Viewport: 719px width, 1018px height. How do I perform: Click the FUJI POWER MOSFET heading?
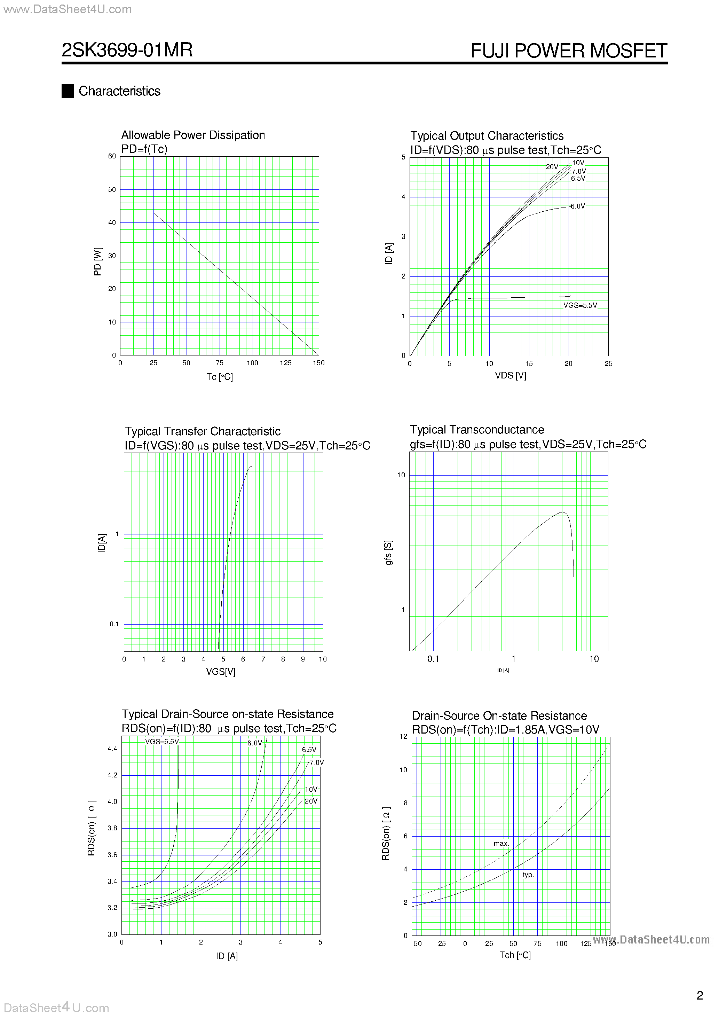tap(568, 50)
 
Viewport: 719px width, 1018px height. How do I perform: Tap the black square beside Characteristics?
tap(68, 91)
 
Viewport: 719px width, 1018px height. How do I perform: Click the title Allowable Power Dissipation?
tap(193, 135)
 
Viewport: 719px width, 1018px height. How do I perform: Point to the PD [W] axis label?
tap(97, 261)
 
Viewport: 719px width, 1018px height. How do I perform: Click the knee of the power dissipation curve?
tap(153, 213)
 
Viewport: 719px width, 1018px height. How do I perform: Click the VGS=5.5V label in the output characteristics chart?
tap(580, 305)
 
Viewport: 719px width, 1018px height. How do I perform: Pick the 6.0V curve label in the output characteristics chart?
tap(578, 206)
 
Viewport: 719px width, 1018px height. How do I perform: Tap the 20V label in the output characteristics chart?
tap(552, 167)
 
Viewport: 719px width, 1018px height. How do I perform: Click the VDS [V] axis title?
tap(510, 376)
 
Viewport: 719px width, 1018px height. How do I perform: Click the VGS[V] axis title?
tap(220, 672)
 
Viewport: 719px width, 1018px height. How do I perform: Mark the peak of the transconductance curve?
tap(562, 512)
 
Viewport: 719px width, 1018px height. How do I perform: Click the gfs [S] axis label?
tap(388, 553)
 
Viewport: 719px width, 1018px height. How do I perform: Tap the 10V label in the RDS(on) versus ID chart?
tap(311, 790)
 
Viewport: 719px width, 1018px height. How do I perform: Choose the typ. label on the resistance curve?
tap(528, 875)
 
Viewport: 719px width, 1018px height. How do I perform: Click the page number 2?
tap(700, 995)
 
